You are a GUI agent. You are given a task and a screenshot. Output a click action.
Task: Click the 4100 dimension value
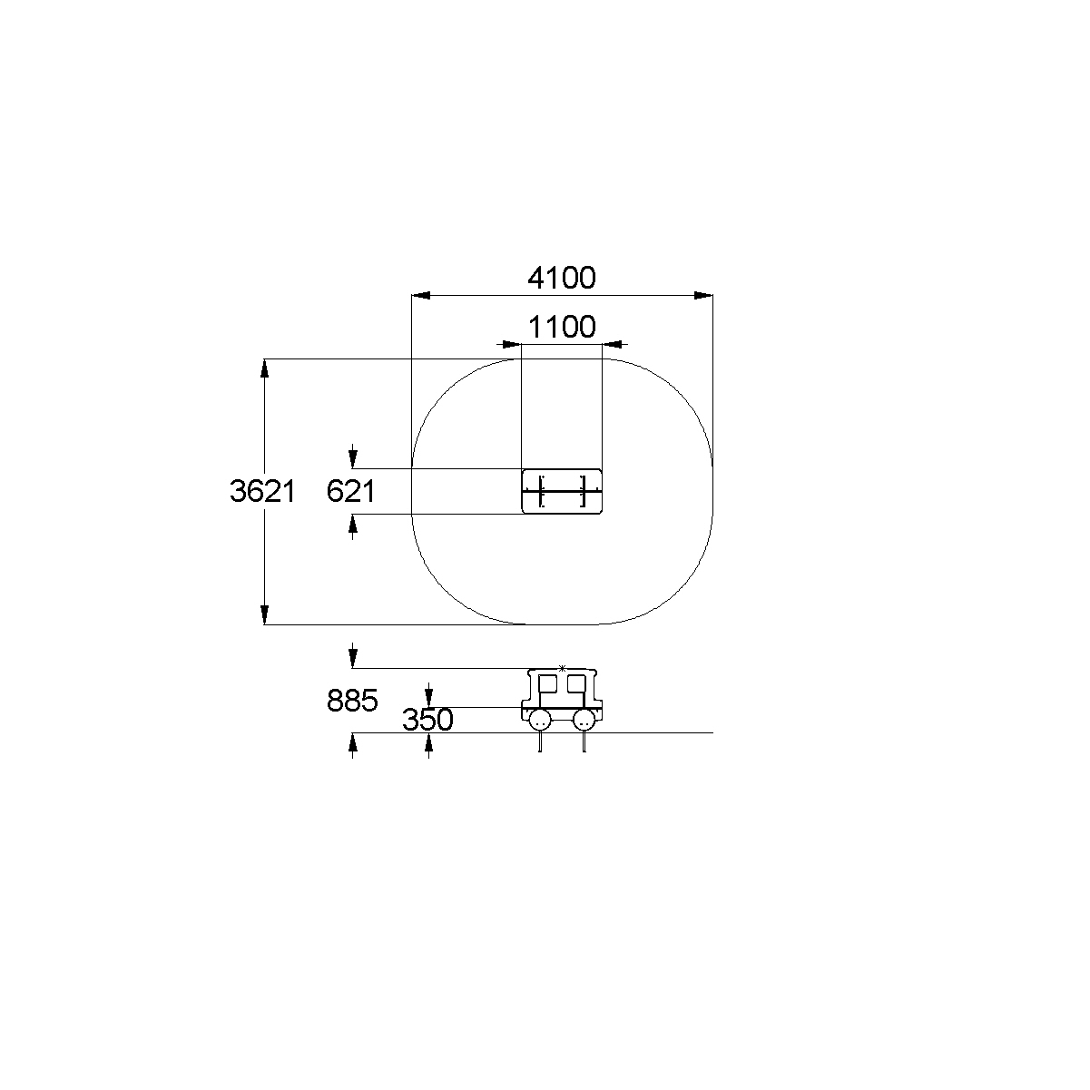pyautogui.click(x=561, y=278)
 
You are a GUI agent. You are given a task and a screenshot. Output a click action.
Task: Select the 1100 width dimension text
pyautogui.click(x=562, y=327)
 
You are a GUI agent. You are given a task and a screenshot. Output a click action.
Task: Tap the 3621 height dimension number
pyautogui.click(x=262, y=491)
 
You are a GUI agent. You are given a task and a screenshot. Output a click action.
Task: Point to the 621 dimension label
pyautogui.click(x=350, y=491)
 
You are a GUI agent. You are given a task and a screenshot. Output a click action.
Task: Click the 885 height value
pyautogui.click(x=352, y=701)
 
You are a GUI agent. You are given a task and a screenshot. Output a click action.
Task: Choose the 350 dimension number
pyautogui.click(x=427, y=720)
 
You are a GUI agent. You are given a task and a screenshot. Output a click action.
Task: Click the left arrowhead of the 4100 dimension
pyautogui.click(x=421, y=295)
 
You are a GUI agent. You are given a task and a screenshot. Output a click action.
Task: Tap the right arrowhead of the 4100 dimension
pyautogui.click(x=703, y=295)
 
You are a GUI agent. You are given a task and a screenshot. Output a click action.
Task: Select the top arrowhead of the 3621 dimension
pyautogui.click(x=264, y=368)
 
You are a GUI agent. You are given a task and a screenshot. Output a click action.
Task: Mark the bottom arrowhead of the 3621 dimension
pyautogui.click(x=264, y=614)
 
